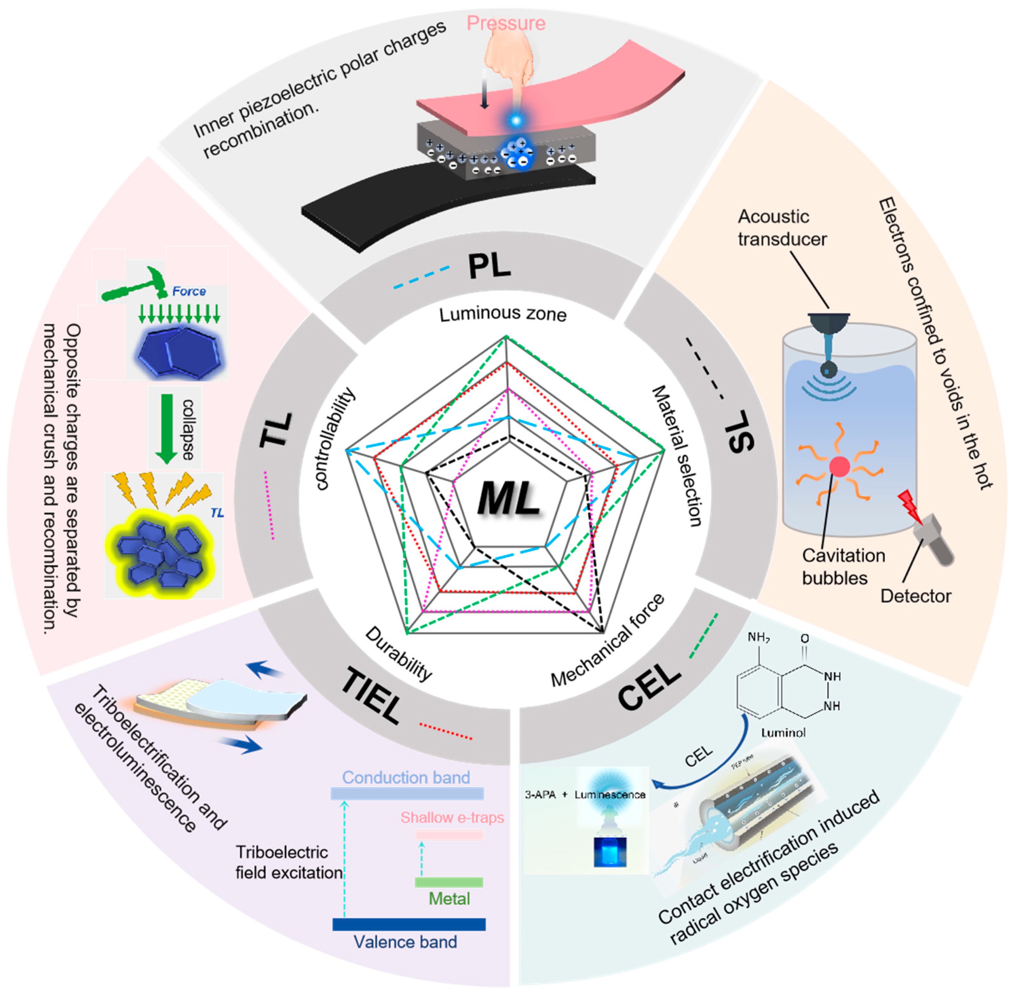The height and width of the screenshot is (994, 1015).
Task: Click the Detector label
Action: [915, 596]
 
